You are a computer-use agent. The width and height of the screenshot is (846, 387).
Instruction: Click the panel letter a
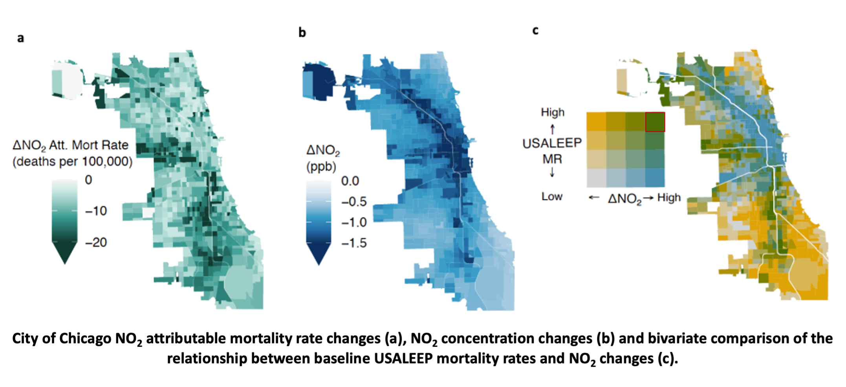(x=20, y=38)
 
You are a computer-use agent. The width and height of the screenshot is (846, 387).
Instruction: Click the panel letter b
(x=302, y=32)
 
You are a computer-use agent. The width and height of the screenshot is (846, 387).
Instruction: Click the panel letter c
(x=535, y=31)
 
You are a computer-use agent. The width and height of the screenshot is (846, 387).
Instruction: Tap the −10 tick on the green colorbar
(x=96, y=211)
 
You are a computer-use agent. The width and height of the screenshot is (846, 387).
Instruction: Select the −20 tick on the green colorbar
(x=96, y=242)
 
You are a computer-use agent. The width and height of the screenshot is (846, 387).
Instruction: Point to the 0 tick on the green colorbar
(x=88, y=180)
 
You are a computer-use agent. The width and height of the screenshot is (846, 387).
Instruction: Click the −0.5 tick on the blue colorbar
(x=353, y=202)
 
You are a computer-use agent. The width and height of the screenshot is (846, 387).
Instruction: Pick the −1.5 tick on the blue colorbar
(x=353, y=243)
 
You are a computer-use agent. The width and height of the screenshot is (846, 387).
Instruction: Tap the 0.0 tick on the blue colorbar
(x=350, y=181)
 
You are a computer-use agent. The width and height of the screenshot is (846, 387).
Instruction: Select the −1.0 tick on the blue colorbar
(x=353, y=222)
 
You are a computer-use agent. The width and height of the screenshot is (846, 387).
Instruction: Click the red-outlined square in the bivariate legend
(x=655, y=122)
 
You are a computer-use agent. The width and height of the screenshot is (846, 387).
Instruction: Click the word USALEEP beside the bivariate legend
(x=552, y=143)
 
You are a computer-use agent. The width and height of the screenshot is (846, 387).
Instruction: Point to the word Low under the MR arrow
(x=552, y=196)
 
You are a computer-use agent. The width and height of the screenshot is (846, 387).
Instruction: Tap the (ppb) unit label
(x=321, y=167)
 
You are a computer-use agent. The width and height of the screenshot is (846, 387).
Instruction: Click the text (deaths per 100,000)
(x=72, y=161)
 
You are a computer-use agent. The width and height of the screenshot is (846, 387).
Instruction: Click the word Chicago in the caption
(x=85, y=339)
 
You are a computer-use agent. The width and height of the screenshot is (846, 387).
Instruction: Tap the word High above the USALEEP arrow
(x=553, y=112)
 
